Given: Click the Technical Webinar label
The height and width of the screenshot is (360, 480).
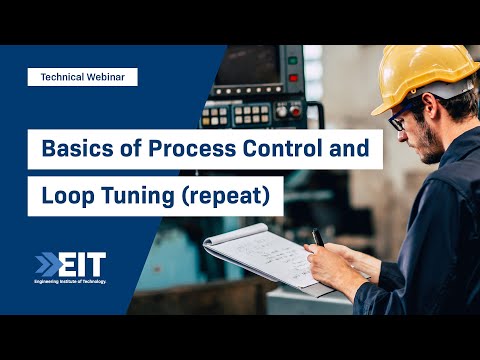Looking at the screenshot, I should pos(82,76).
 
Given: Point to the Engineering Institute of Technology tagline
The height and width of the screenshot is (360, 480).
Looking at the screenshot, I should pos(70,282).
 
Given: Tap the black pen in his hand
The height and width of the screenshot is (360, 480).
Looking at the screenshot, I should pos(318,241).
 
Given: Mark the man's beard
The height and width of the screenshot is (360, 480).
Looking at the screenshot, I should pos(426,150).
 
